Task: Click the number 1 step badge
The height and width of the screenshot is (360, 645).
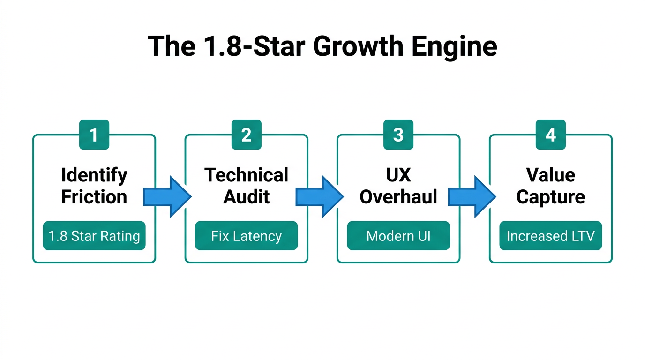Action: pyautogui.click(x=94, y=135)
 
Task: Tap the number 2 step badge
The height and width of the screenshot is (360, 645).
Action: pyautogui.click(x=246, y=135)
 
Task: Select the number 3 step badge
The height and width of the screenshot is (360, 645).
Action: pyautogui.click(x=398, y=135)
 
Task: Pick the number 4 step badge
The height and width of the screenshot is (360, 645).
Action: pyautogui.click(x=551, y=135)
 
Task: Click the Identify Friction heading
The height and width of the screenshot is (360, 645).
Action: pyautogui.click(x=94, y=186)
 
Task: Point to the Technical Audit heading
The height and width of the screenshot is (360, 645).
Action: pyautogui.click(x=246, y=186)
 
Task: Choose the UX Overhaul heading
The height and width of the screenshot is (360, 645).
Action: pyautogui.click(x=398, y=186)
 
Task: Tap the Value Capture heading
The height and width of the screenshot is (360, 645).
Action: pyautogui.click(x=551, y=186)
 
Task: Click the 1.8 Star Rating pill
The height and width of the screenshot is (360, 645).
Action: pyautogui.click(x=94, y=236)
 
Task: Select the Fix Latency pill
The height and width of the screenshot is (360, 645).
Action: pyautogui.click(x=246, y=236)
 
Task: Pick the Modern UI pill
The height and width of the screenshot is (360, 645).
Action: pyautogui.click(x=398, y=236)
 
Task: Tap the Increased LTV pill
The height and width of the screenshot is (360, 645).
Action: pyautogui.click(x=551, y=236)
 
